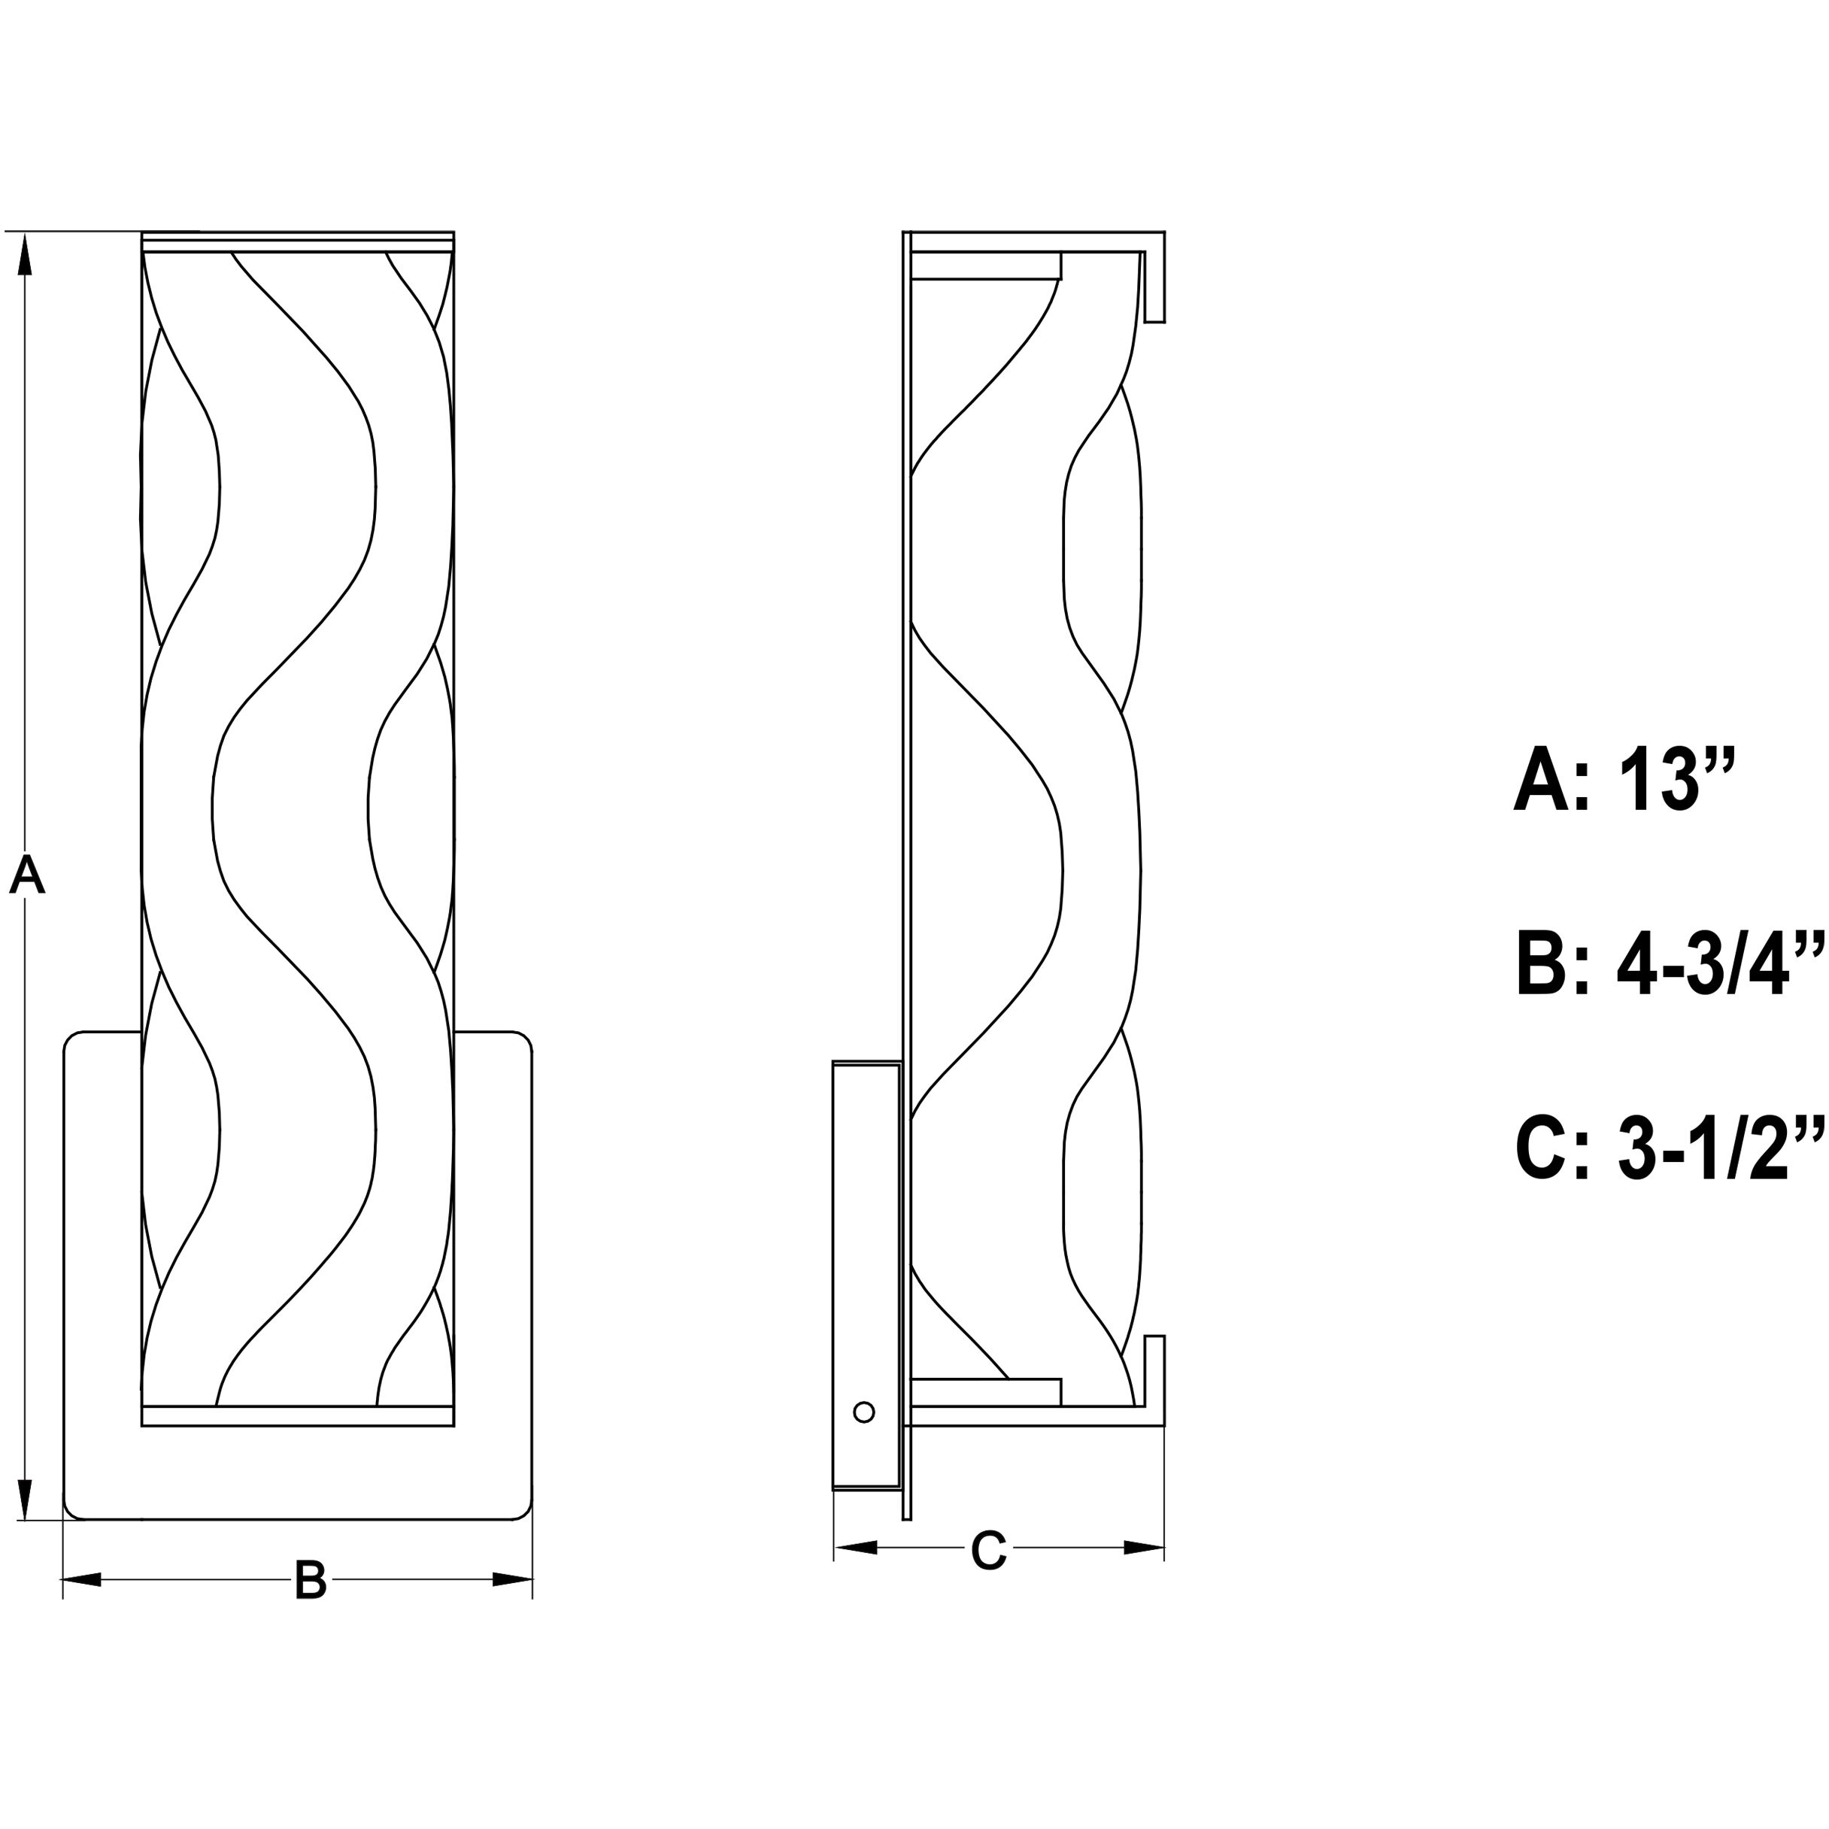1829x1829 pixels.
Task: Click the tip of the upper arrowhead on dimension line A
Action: click(25, 233)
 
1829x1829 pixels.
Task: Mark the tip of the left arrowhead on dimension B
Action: click(63, 1580)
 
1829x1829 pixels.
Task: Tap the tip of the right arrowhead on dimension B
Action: click(532, 1580)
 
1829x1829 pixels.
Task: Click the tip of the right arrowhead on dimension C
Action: click(1163, 1548)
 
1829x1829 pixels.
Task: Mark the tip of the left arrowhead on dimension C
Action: click(834, 1548)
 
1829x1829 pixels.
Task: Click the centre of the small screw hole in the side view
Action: click(863, 1412)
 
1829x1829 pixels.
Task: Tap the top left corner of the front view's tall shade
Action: click(142, 232)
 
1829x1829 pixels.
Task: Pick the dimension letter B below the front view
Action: click(310, 1580)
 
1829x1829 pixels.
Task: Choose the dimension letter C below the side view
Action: click(988, 1551)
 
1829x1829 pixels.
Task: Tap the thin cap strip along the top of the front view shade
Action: click(299, 241)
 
